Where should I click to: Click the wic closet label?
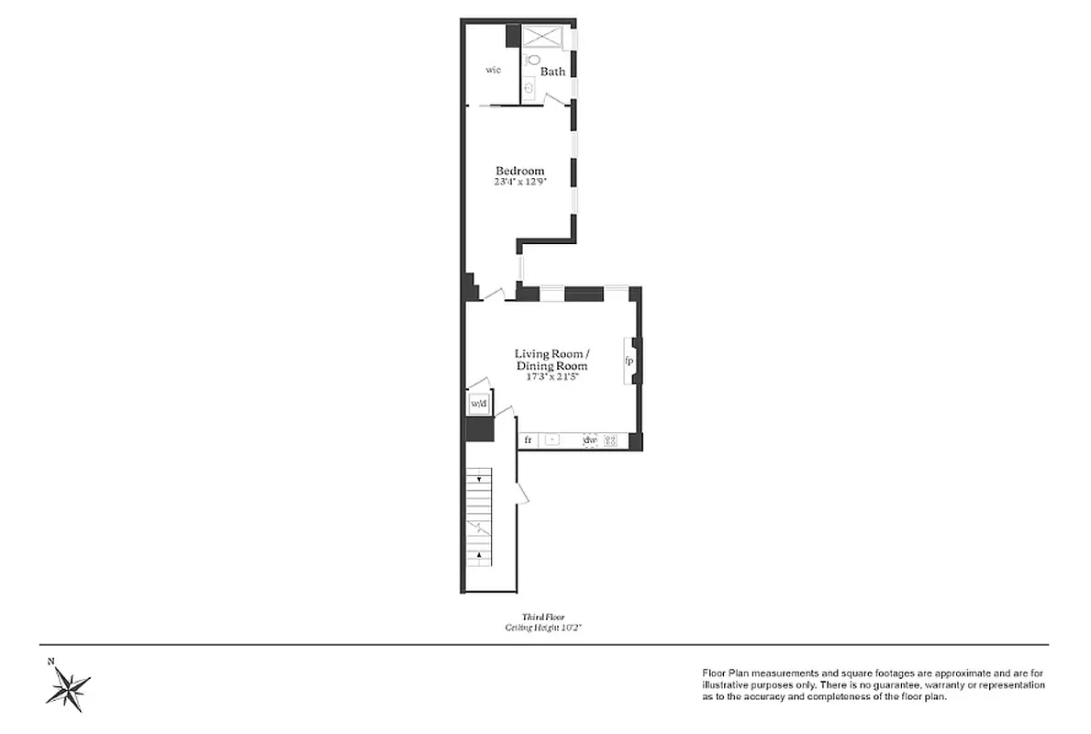point(494,70)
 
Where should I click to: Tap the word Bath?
point(552,72)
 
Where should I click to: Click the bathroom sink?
point(529,89)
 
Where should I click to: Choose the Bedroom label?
point(520,171)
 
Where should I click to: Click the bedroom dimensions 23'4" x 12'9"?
point(520,182)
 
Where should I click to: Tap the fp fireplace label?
point(629,361)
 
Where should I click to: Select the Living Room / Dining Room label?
point(551,360)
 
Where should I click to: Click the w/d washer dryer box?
point(477,403)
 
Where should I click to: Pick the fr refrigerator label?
point(529,440)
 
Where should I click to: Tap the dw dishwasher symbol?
point(590,440)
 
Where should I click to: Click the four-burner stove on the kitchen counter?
point(610,440)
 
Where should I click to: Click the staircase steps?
point(479,514)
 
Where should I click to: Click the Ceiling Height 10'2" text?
point(544,628)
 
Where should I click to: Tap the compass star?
point(69,687)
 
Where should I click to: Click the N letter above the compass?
point(51,661)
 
